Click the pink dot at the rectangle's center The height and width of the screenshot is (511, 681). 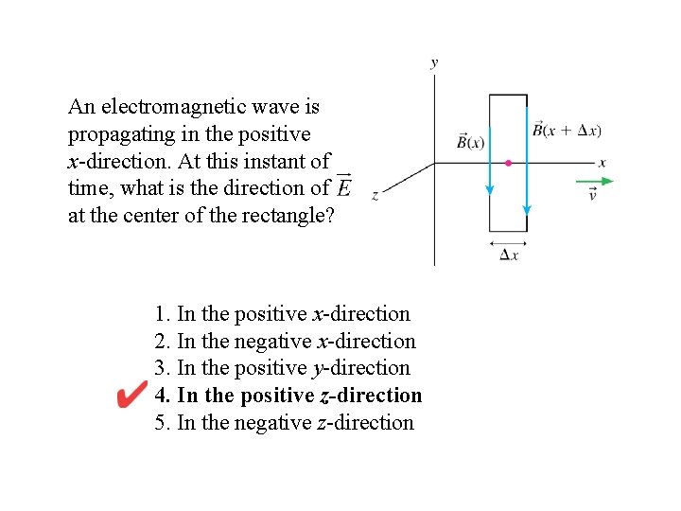(508, 164)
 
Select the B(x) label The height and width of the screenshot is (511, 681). (470, 142)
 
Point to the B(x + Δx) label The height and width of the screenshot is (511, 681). (567, 130)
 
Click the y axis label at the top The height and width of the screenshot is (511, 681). (434, 63)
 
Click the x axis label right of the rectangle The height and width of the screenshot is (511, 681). (602, 163)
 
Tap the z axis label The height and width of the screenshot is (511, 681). (375, 196)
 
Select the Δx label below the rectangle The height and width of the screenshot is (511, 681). (509, 256)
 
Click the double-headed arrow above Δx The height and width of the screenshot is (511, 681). (508, 242)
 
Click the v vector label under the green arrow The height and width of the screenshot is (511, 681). (593, 196)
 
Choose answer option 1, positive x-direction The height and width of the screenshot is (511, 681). (282, 314)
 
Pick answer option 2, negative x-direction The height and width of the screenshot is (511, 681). (285, 341)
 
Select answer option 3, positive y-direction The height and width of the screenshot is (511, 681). (282, 368)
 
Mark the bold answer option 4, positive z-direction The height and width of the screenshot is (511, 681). (288, 396)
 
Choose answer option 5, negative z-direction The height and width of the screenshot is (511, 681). (284, 422)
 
